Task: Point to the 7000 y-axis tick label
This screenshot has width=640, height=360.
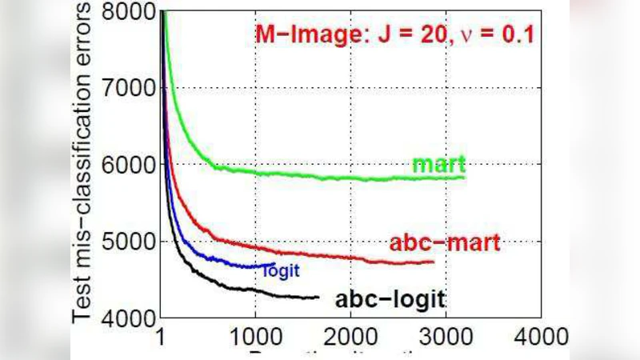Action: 130,88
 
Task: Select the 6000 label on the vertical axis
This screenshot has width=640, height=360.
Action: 130,165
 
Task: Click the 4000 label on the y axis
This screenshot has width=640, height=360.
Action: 130,318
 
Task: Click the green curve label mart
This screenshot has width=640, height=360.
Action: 438,165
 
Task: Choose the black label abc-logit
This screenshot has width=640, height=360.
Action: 390,300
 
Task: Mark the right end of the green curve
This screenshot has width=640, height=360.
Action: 463,177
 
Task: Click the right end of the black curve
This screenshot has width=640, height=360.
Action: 318,298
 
